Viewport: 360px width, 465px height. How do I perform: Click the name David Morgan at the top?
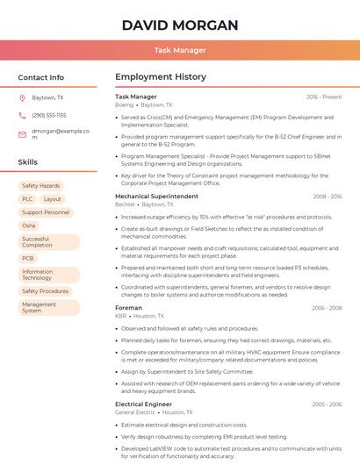click(180, 25)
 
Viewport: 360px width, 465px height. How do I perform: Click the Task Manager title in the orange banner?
click(180, 51)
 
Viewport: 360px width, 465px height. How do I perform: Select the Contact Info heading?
click(41, 77)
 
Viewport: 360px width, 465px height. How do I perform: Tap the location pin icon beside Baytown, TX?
click(22, 98)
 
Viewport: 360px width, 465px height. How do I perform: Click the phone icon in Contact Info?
click(22, 115)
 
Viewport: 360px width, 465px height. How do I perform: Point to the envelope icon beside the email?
click(22, 134)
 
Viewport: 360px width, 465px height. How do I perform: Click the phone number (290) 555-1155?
click(49, 115)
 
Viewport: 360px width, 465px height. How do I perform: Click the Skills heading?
click(28, 162)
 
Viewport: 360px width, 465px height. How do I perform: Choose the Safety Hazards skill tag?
click(41, 186)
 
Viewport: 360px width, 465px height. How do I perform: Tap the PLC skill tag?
click(27, 199)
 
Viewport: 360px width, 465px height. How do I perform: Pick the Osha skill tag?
click(29, 225)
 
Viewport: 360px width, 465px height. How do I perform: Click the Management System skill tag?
click(39, 307)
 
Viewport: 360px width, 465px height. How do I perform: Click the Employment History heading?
click(160, 77)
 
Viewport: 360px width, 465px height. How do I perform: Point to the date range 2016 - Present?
click(324, 97)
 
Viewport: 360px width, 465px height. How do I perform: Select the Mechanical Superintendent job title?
click(156, 197)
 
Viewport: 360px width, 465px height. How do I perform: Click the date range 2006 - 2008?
click(327, 308)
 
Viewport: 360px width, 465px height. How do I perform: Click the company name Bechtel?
click(126, 204)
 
